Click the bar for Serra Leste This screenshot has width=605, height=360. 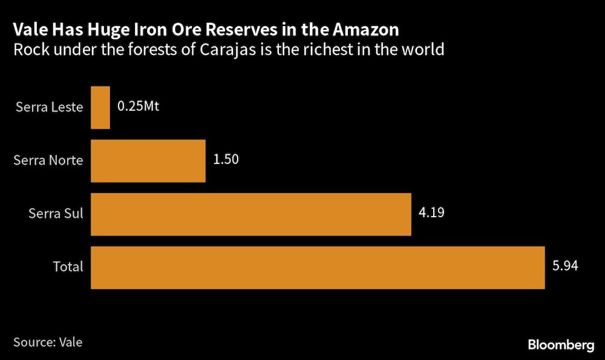click(x=100, y=107)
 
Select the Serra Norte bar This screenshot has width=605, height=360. click(x=148, y=160)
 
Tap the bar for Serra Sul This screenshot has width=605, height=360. click(x=251, y=214)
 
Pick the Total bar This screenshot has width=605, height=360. click(x=318, y=267)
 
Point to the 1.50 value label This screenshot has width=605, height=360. click(x=226, y=160)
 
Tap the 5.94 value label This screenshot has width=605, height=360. click(x=566, y=266)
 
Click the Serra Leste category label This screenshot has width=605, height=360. click(x=49, y=108)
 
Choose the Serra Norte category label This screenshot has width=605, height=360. click(x=48, y=160)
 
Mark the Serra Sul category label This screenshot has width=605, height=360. click(x=56, y=214)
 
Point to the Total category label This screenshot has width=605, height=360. click(x=67, y=267)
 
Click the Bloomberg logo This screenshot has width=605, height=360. click(x=561, y=345)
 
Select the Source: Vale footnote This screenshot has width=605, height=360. click(x=48, y=342)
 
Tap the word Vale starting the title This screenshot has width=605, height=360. click(x=31, y=29)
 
